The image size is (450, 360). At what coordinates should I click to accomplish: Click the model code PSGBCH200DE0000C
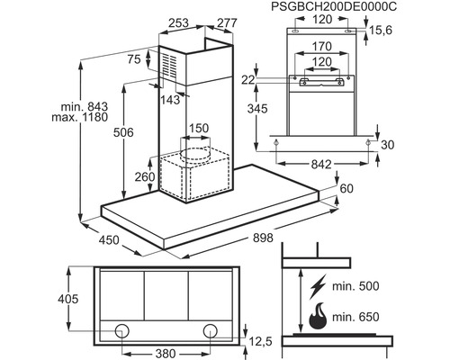pyautogui.click(x=334, y=6)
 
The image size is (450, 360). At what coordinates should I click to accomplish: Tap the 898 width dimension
pyautogui.click(x=263, y=238)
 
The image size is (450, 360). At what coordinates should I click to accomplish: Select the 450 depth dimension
pyautogui.click(x=109, y=240)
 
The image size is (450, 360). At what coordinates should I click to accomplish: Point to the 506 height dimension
pyautogui.click(x=123, y=132)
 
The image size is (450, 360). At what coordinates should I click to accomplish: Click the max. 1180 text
pyautogui.click(x=79, y=117)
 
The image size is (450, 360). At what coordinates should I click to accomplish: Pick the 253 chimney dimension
pyautogui.click(x=178, y=22)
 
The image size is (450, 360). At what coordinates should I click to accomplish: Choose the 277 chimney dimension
pyautogui.click(x=227, y=22)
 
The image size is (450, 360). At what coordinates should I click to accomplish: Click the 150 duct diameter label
pyautogui.click(x=199, y=128)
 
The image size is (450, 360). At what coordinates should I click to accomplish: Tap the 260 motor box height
pyautogui.click(x=145, y=177)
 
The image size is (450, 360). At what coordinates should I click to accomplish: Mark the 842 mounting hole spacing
pyautogui.click(x=321, y=164)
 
